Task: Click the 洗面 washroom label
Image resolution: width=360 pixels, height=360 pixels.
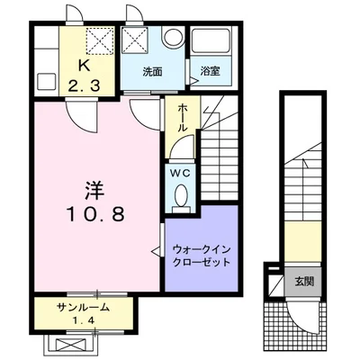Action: (x=152, y=71)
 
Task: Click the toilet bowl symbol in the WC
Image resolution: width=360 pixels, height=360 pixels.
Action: (x=181, y=196)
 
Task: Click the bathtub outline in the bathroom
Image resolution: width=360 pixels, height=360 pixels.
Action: (x=213, y=42)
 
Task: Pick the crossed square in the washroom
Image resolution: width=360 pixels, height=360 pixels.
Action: (x=137, y=40)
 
